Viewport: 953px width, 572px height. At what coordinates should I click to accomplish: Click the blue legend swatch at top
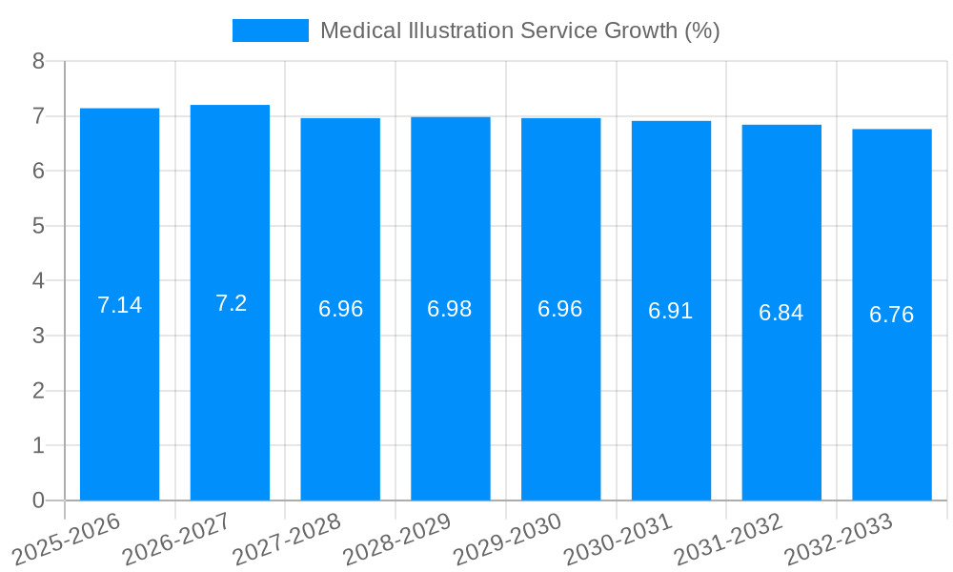271,31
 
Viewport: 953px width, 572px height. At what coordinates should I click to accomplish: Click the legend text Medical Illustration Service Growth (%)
519,31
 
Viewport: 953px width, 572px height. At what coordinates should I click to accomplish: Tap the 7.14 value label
119,305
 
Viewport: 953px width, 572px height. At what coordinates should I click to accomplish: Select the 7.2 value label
231,303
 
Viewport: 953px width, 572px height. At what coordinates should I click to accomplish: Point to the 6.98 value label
450,309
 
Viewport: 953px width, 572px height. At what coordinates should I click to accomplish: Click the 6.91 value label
671,311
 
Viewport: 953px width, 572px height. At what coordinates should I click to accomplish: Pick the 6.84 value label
781,313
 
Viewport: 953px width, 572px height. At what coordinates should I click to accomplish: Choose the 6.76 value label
892,315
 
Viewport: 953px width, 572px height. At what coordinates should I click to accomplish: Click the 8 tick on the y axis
38,61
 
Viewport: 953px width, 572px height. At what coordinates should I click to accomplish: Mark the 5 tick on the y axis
38,226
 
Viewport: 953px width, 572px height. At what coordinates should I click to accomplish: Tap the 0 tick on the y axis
38,500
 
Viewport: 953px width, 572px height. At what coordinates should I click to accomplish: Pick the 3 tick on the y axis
38,336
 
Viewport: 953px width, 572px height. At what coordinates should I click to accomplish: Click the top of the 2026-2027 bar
230,106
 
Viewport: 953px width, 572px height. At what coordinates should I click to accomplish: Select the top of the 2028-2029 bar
451,118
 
